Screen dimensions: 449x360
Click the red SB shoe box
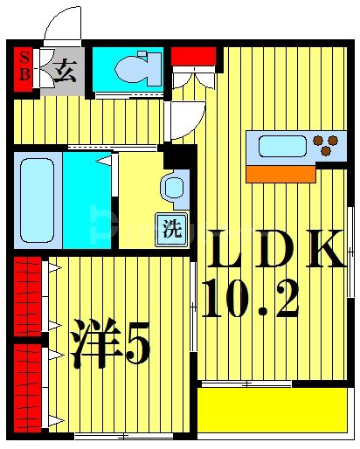24,67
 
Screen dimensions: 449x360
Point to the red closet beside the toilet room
192,57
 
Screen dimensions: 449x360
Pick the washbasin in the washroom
174,187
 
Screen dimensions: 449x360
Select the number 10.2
250,300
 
